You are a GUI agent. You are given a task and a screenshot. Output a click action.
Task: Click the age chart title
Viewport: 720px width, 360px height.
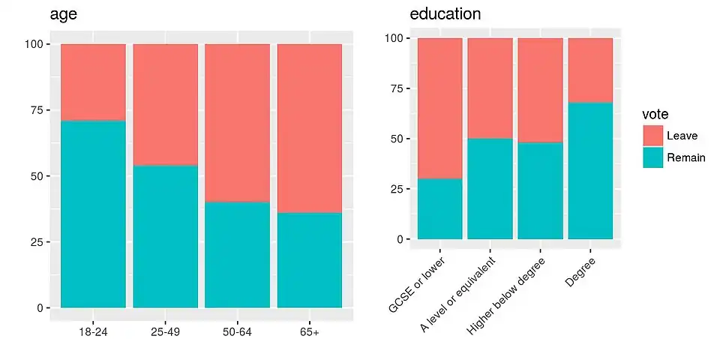click(x=64, y=14)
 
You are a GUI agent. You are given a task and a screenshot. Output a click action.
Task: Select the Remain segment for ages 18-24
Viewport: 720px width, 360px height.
click(x=93, y=214)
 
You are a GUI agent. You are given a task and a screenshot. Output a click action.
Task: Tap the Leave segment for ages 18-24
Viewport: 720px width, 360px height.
click(x=93, y=82)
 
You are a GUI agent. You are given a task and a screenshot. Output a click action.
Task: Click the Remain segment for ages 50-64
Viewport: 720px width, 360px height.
click(x=238, y=254)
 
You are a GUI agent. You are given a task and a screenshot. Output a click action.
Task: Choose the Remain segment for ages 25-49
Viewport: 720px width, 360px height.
click(x=166, y=236)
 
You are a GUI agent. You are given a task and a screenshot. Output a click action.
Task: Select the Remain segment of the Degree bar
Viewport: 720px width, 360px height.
click(x=590, y=171)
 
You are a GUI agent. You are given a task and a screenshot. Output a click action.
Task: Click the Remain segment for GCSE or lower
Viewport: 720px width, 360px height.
click(x=439, y=209)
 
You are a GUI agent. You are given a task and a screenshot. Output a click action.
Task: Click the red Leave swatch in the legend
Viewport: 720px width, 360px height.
click(x=652, y=136)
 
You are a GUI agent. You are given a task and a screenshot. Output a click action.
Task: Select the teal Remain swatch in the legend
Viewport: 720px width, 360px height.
click(x=652, y=157)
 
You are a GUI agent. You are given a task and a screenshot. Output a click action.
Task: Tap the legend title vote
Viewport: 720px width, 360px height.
click(x=655, y=113)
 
